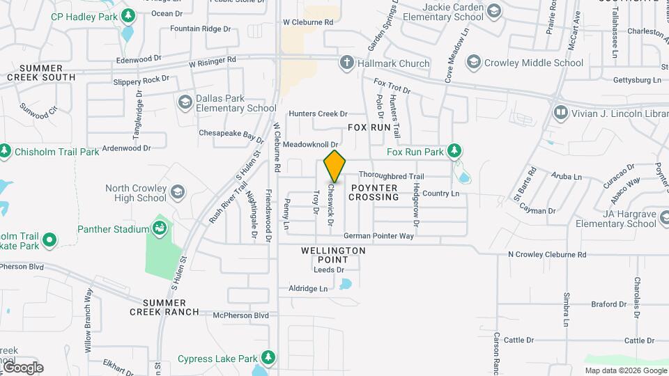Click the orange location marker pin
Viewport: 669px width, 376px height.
tap(335, 166)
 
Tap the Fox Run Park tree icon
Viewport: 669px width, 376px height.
tap(454, 151)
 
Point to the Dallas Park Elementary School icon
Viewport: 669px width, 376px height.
tap(185, 103)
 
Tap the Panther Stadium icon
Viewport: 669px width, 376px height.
tap(160, 228)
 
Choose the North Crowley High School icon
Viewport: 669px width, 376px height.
tap(178, 192)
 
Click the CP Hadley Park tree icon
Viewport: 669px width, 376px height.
tap(128, 15)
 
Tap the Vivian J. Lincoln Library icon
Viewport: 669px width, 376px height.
tap(560, 112)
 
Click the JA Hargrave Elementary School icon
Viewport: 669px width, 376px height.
tap(668, 219)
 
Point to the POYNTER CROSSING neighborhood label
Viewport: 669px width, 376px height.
tap(374, 193)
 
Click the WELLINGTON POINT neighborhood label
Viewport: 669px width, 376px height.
tap(333, 255)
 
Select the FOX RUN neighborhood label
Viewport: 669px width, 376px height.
tap(369, 128)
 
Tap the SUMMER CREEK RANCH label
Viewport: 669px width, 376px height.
tap(164, 307)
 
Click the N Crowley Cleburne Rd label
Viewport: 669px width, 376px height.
tap(547, 255)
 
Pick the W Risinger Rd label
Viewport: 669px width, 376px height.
tap(213, 61)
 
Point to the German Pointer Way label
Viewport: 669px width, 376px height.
tap(378, 236)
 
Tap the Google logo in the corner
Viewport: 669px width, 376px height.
tap(22, 367)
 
